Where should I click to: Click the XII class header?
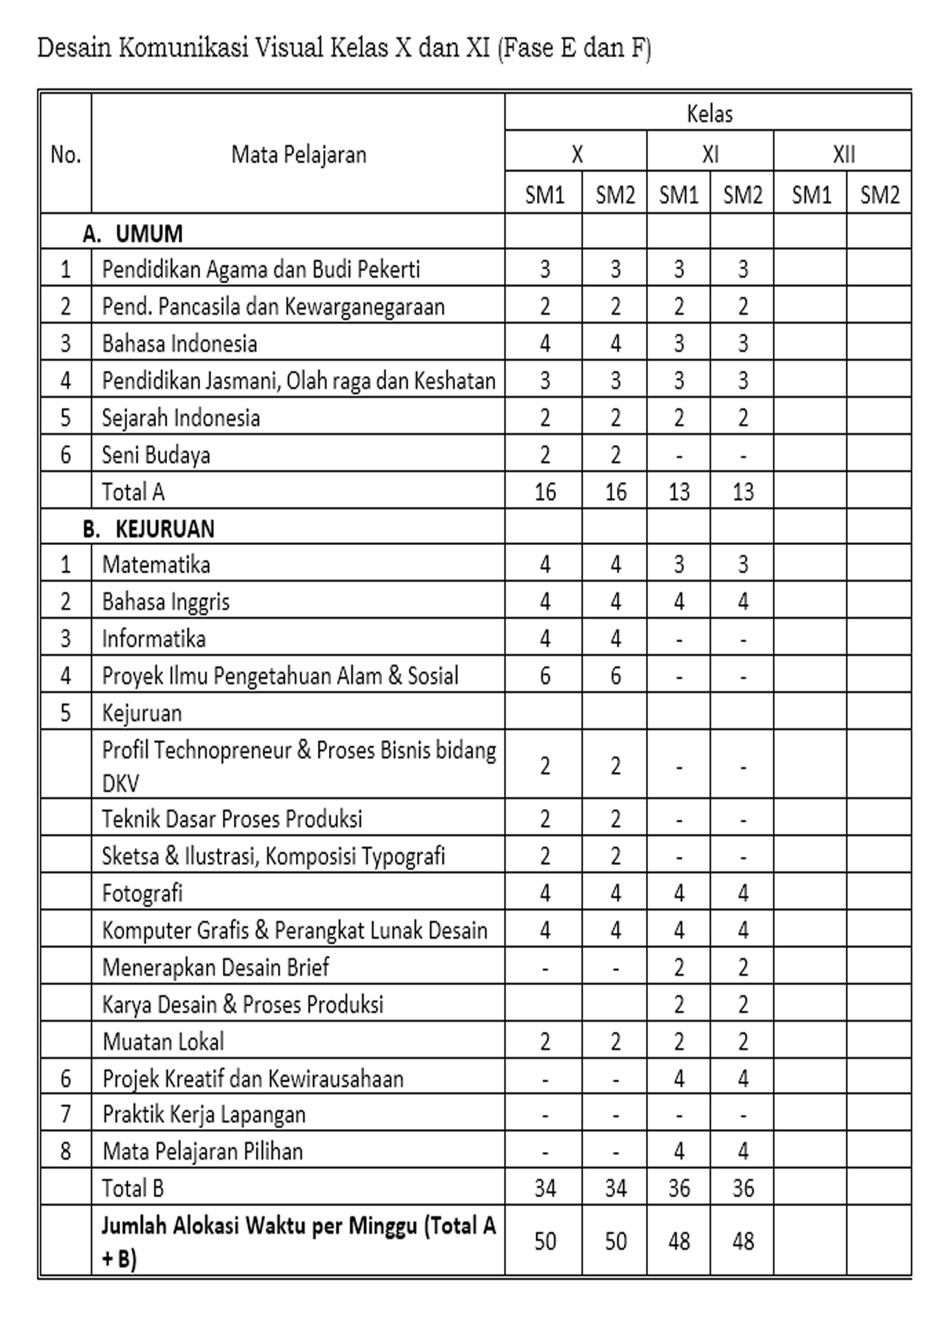click(843, 154)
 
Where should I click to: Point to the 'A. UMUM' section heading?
click(133, 233)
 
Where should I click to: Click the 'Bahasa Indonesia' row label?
click(179, 343)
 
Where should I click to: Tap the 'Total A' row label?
click(133, 492)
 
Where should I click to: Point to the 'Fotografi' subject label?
click(142, 893)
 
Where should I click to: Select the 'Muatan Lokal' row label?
click(163, 1042)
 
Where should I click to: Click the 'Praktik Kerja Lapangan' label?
click(204, 1115)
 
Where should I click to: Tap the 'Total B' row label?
click(133, 1188)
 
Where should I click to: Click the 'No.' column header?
click(65, 154)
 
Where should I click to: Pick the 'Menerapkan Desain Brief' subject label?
click(216, 967)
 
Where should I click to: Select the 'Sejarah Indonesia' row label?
click(181, 417)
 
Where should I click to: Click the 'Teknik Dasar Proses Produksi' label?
click(232, 819)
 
